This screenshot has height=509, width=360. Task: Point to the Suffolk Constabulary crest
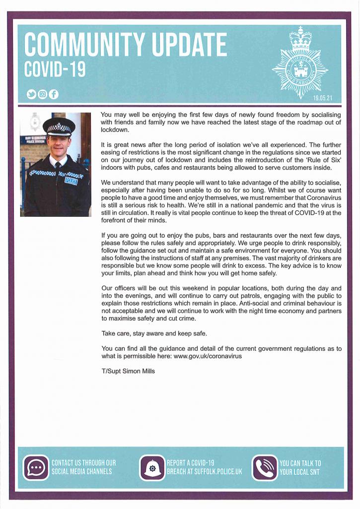300,62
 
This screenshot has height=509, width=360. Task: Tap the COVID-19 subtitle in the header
55,70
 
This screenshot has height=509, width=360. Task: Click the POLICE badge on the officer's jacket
71,181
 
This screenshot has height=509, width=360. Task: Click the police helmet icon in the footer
152,468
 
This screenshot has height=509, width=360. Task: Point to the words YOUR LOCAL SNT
300,472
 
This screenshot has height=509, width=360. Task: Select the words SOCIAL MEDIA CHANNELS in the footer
81,472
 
